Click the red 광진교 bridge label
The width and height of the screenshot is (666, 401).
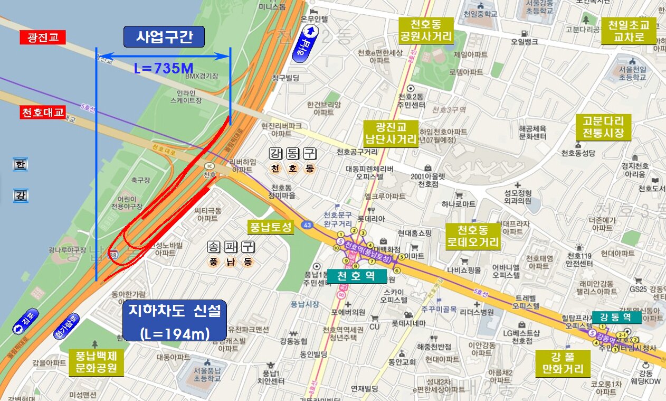click(x=42, y=38)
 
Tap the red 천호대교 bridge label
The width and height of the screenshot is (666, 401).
click(x=42, y=113)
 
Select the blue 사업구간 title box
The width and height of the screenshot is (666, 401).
click(x=164, y=37)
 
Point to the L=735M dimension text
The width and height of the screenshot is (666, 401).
click(x=164, y=68)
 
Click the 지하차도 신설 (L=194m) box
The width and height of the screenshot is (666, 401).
click(x=174, y=321)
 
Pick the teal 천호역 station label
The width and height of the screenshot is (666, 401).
click(x=357, y=276)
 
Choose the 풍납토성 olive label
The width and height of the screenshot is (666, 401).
click(x=270, y=227)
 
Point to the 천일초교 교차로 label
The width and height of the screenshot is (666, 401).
click(x=632, y=31)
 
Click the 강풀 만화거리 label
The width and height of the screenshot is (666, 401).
click(x=562, y=363)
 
